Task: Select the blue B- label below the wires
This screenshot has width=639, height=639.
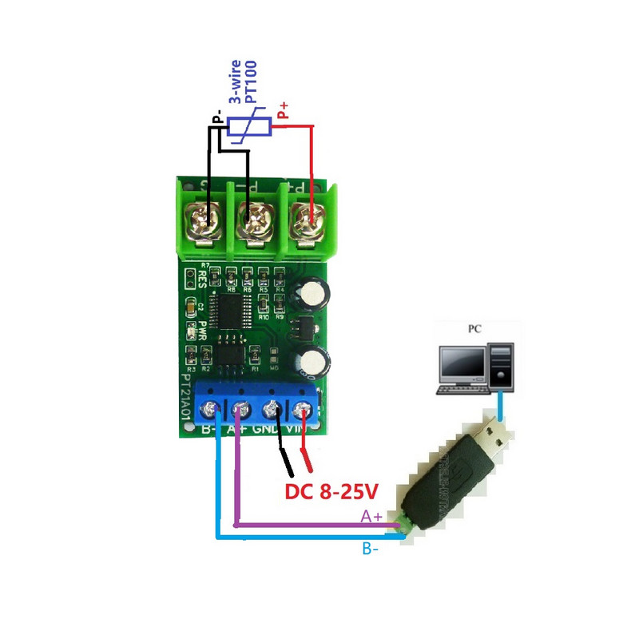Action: (370, 550)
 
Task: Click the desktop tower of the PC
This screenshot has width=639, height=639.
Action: (502, 367)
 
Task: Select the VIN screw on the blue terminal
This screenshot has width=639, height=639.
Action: (303, 411)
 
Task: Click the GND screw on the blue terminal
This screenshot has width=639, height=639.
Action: (272, 411)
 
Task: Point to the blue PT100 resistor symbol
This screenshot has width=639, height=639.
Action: (248, 126)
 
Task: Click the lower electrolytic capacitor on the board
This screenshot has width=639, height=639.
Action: (310, 361)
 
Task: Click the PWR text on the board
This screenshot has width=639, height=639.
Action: (203, 331)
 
